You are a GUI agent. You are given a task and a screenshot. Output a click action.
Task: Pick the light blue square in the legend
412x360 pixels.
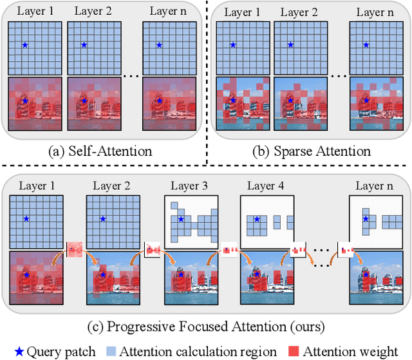click(110, 352)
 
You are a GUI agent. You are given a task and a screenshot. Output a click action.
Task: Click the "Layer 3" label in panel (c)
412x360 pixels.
click(190, 186)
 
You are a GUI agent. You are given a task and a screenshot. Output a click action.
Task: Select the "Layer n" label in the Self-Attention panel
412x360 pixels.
click(168, 11)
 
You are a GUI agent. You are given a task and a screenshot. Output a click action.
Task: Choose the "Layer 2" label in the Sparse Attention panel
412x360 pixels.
click(299, 11)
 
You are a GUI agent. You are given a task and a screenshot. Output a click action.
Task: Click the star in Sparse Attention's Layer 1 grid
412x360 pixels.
click(233, 45)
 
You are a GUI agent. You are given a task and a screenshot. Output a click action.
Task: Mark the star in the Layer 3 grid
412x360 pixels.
click(182, 220)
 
